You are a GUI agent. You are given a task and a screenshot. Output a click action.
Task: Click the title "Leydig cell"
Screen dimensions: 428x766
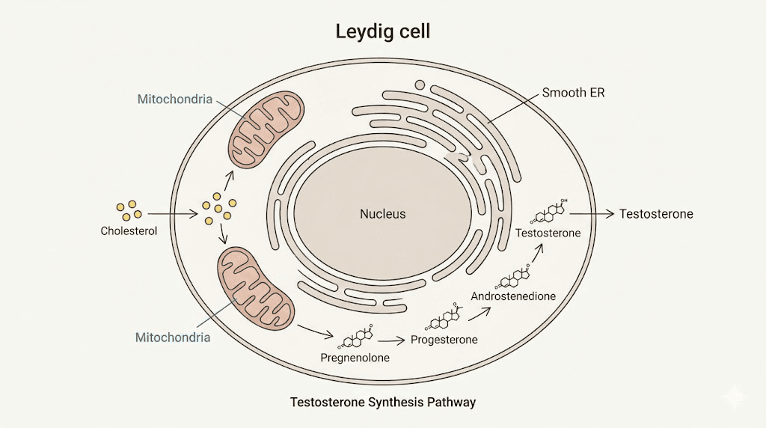tap(382, 32)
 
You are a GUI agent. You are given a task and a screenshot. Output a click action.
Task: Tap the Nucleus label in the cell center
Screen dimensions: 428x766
tap(382, 214)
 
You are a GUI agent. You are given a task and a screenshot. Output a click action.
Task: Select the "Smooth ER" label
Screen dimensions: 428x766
tap(573, 94)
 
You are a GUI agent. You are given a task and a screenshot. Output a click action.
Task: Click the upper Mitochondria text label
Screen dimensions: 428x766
tap(174, 99)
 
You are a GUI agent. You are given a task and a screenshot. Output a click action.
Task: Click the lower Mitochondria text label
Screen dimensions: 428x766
tap(172, 337)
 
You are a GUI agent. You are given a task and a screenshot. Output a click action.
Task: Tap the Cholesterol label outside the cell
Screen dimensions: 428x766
tap(129, 231)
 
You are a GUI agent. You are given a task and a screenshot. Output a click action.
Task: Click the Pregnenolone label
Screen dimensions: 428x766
tap(355, 357)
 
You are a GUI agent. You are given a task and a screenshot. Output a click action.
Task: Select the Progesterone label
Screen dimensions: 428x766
tap(444, 340)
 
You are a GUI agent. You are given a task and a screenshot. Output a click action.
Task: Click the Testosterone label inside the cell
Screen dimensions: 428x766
tap(548, 233)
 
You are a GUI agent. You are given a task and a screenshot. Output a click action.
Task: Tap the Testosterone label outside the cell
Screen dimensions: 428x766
tap(656, 214)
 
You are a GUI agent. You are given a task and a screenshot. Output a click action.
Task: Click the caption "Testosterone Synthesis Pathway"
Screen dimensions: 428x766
tap(382, 403)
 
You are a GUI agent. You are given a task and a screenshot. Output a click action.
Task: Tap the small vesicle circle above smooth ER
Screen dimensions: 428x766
tap(420, 85)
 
